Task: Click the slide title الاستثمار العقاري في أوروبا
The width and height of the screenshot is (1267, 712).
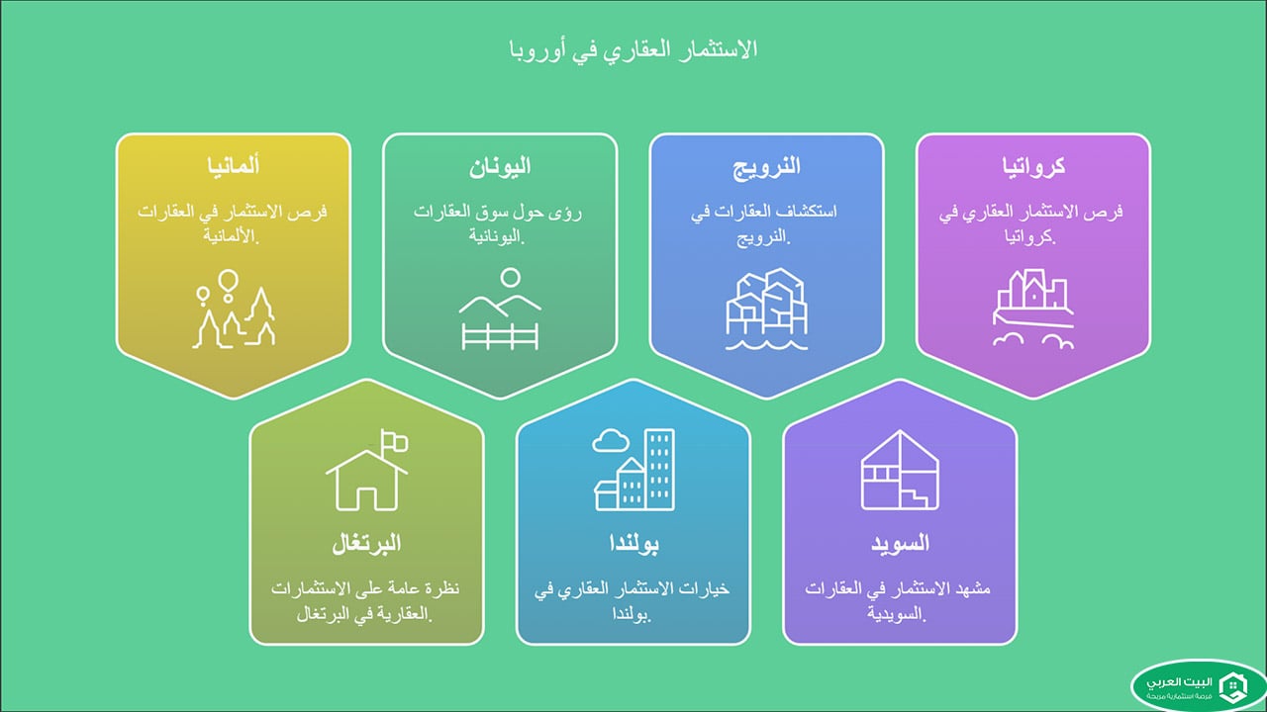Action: tap(633, 48)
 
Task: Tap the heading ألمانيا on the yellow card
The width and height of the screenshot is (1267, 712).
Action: tap(235, 166)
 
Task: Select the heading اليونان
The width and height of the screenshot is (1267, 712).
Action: tap(500, 166)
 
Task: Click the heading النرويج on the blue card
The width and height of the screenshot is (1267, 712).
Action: tap(766, 166)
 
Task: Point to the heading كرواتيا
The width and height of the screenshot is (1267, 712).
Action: tap(1032, 166)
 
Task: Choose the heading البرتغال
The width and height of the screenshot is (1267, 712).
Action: tap(366, 544)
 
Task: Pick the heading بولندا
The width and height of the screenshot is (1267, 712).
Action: tap(633, 544)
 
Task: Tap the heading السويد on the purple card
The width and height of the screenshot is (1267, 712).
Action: tap(899, 544)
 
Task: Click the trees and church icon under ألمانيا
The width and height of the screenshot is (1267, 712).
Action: tap(234, 313)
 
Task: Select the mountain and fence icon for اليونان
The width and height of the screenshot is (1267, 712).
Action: tap(500, 313)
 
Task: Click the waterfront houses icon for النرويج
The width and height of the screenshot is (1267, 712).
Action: tap(766, 313)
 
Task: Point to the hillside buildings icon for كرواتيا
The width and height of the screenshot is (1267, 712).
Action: tap(1032, 313)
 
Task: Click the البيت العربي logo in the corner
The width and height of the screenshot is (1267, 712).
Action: tap(1198, 684)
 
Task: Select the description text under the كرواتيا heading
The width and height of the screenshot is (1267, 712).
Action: tap(1032, 225)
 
